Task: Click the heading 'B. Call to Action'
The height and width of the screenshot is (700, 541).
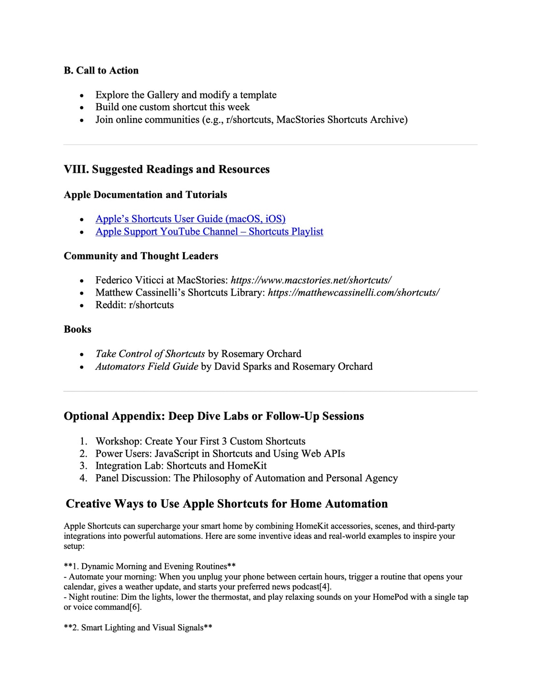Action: click(x=101, y=71)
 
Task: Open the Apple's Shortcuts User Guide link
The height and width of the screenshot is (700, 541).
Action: click(x=190, y=219)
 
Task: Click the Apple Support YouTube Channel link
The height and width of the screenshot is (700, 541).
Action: click(x=209, y=232)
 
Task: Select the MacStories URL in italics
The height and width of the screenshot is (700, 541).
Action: click(x=311, y=281)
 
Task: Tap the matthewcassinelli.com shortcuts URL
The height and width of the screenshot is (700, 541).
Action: click(x=353, y=293)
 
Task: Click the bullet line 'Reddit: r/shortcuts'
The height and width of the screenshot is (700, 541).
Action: click(x=134, y=305)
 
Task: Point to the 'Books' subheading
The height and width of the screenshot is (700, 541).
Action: click(x=77, y=329)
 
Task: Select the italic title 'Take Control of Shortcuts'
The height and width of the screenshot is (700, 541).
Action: click(x=150, y=354)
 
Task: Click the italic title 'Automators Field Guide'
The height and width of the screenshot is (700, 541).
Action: click(x=147, y=367)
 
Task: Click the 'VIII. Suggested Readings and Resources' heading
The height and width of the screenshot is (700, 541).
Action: click(x=166, y=169)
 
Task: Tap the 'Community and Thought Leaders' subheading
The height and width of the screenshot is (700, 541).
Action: click(x=141, y=256)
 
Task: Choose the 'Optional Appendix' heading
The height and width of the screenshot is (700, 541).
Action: click(x=213, y=417)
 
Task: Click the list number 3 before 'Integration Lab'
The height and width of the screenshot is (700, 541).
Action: click(x=83, y=466)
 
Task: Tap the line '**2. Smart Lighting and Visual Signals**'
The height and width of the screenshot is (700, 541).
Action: click(x=138, y=628)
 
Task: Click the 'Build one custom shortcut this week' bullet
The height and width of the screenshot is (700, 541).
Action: click(x=172, y=107)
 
